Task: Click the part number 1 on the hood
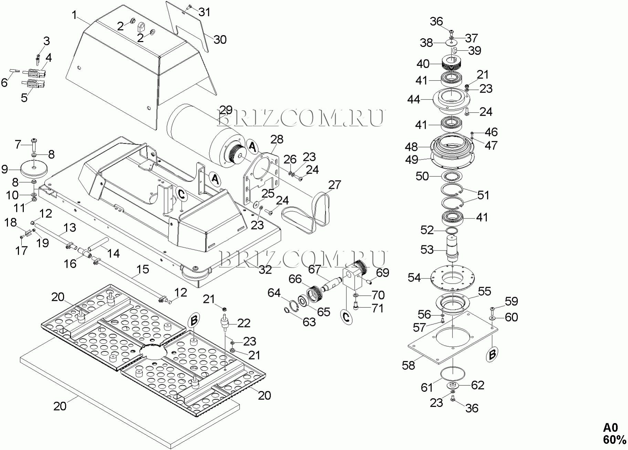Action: (75, 16)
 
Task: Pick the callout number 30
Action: (220, 40)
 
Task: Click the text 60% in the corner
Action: (615, 440)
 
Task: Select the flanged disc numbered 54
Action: (452, 278)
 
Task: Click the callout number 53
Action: (427, 249)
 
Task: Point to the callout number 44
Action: (414, 99)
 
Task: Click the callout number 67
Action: (314, 269)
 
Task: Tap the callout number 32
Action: (265, 269)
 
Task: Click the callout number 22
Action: (244, 323)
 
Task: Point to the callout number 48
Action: (411, 147)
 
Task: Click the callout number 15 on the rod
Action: (143, 269)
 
